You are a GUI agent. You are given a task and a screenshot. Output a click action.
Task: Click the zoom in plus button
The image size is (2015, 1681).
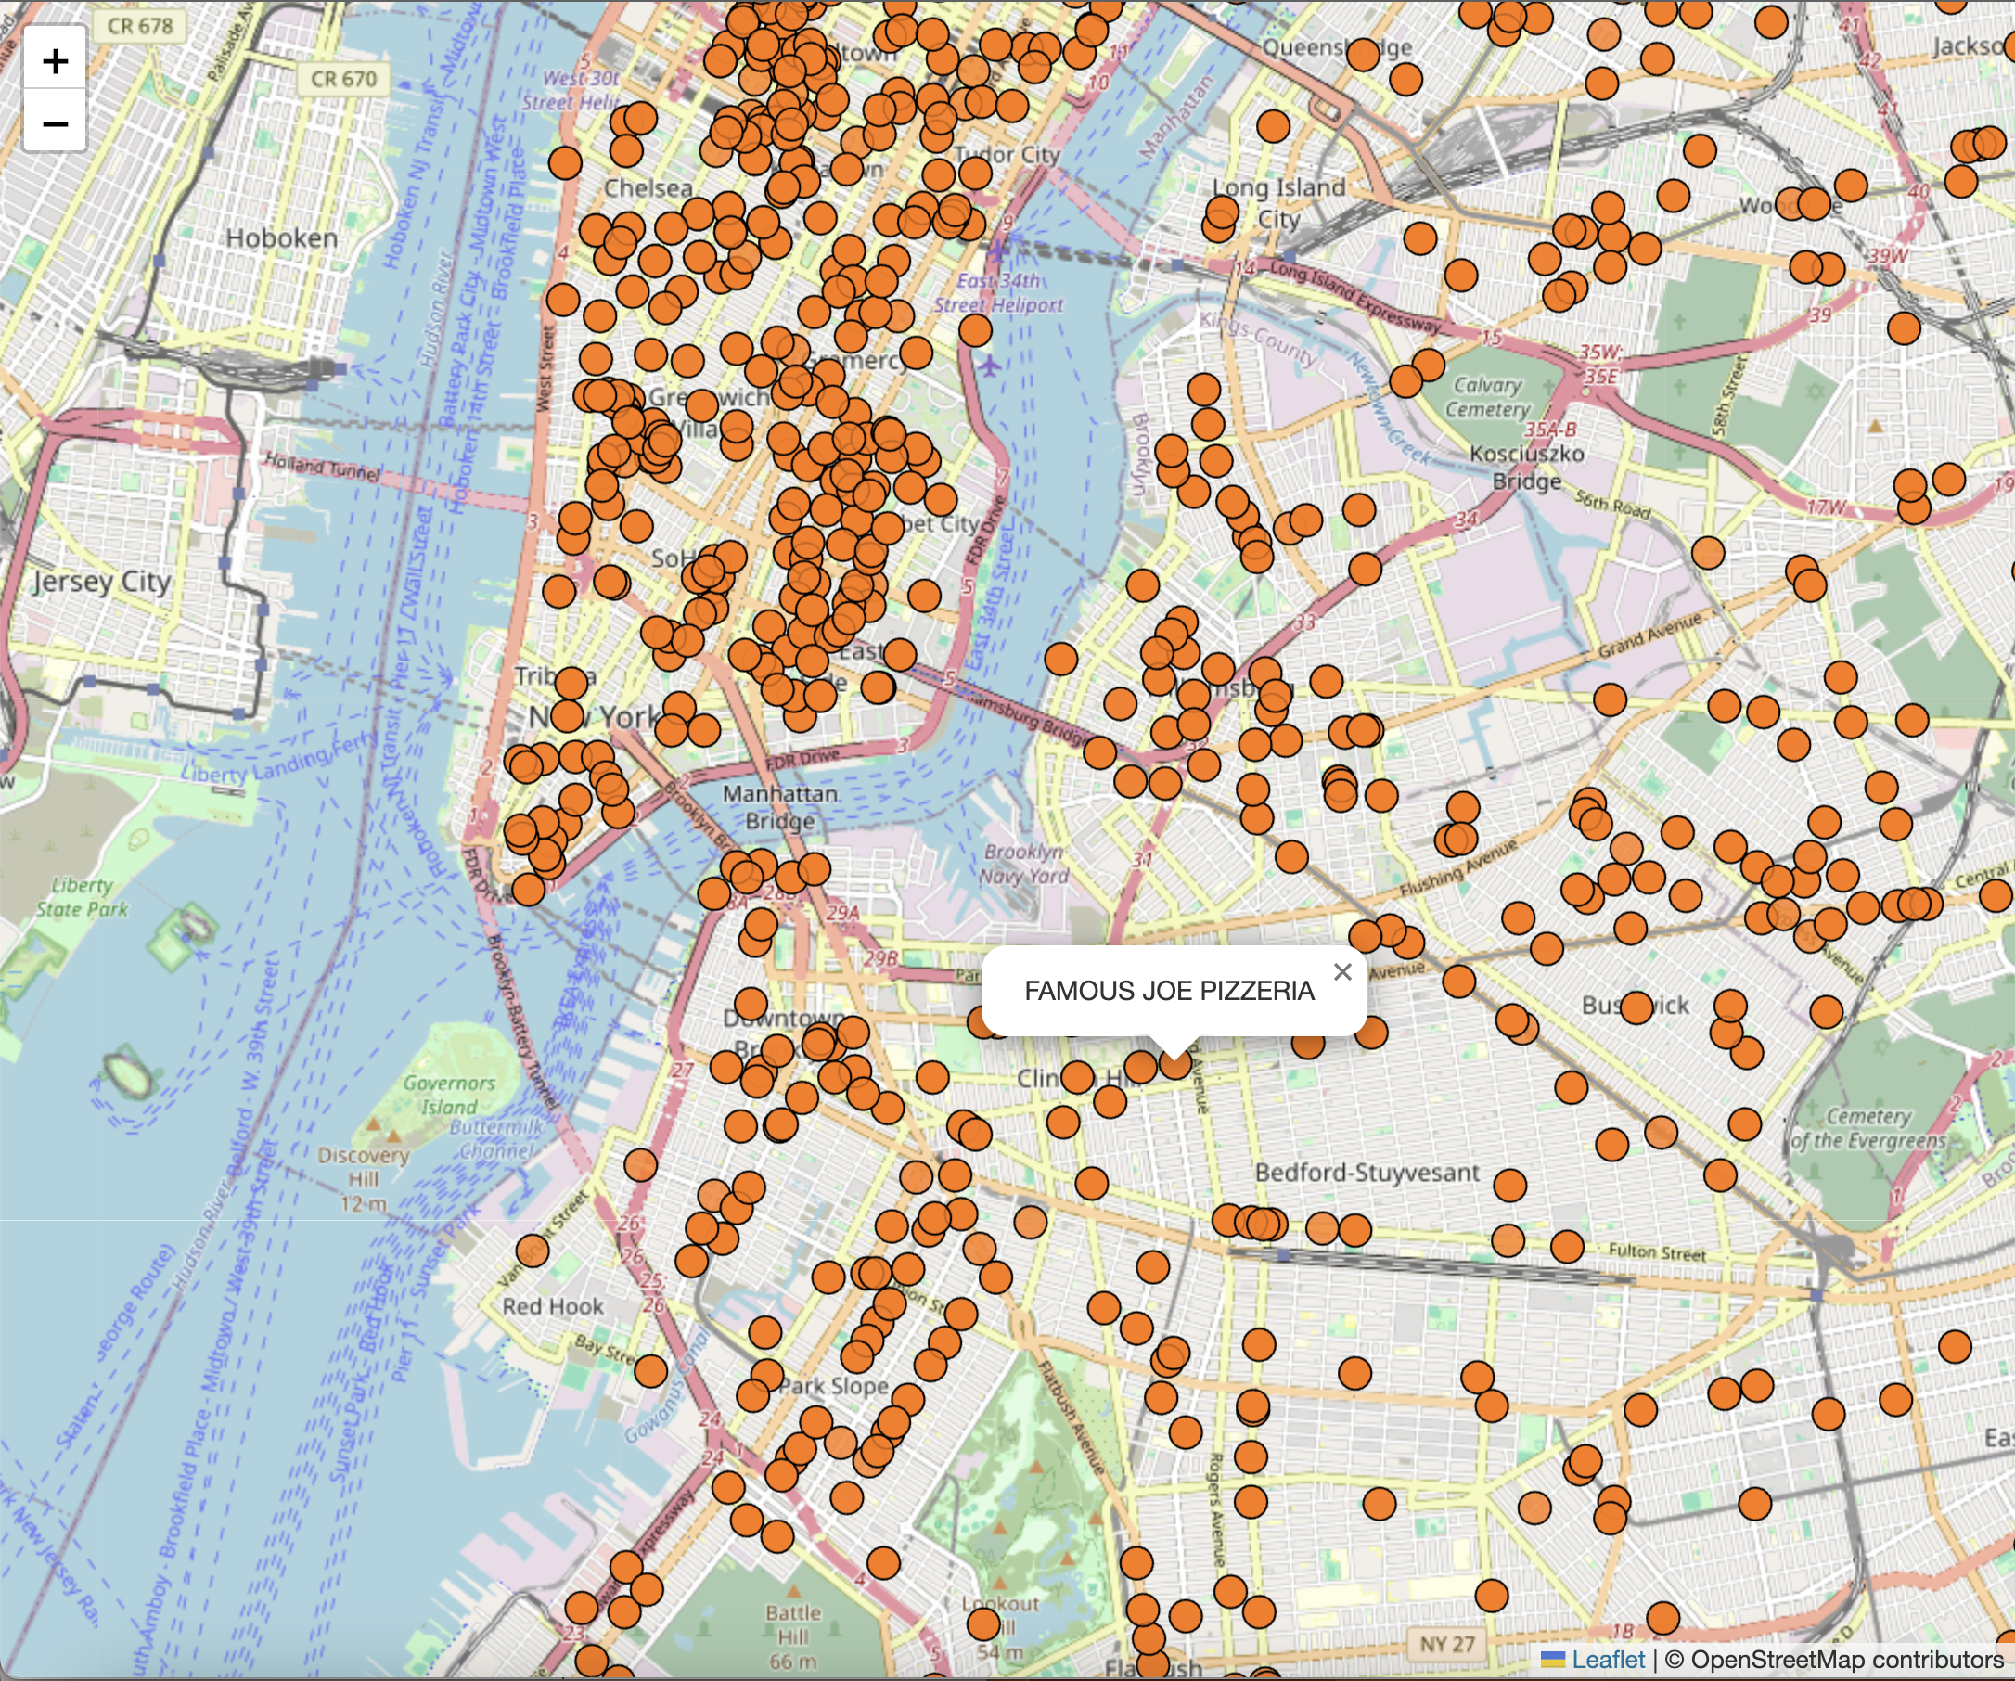pyautogui.click(x=55, y=61)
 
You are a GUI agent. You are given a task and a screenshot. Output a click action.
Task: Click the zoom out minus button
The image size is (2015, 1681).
pyautogui.click(x=55, y=122)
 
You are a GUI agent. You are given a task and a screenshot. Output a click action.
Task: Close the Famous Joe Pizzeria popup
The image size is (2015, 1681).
pyautogui.click(x=1342, y=972)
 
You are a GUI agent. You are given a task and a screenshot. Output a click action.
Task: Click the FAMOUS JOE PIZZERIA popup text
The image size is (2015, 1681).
pyautogui.click(x=1169, y=991)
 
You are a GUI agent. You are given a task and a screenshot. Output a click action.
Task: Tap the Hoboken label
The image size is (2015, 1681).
pyautogui.click(x=281, y=237)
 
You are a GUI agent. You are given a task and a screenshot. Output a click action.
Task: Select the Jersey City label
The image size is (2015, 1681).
pyautogui.click(x=102, y=582)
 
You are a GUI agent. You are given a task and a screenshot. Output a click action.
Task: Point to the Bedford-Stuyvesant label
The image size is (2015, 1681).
pyautogui.click(x=1367, y=1173)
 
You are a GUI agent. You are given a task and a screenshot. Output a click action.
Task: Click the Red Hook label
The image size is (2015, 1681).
pyautogui.click(x=553, y=1307)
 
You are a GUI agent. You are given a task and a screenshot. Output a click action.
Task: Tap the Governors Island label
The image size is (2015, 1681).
pyautogui.click(x=449, y=1095)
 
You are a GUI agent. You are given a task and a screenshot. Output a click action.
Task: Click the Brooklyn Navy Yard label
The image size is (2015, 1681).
pyautogui.click(x=1024, y=864)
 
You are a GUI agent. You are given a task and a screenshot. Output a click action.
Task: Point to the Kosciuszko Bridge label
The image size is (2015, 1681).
pyautogui.click(x=1527, y=467)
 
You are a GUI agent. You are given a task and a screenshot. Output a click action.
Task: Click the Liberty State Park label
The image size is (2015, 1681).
pyautogui.click(x=82, y=897)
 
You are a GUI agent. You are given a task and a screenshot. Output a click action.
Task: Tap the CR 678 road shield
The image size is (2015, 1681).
pyautogui.click(x=140, y=26)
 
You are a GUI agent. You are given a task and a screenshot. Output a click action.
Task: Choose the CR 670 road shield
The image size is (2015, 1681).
pyautogui.click(x=343, y=79)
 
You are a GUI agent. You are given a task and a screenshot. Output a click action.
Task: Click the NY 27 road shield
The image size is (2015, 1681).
pyautogui.click(x=1447, y=1644)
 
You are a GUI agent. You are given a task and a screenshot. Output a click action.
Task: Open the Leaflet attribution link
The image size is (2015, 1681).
pyautogui.click(x=1607, y=1660)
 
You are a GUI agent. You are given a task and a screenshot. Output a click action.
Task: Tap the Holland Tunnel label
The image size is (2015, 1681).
pyautogui.click(x=321, y=468)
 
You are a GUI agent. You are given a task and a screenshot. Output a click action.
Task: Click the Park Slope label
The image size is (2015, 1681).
pyautogui.click(x=833, y=1385)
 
